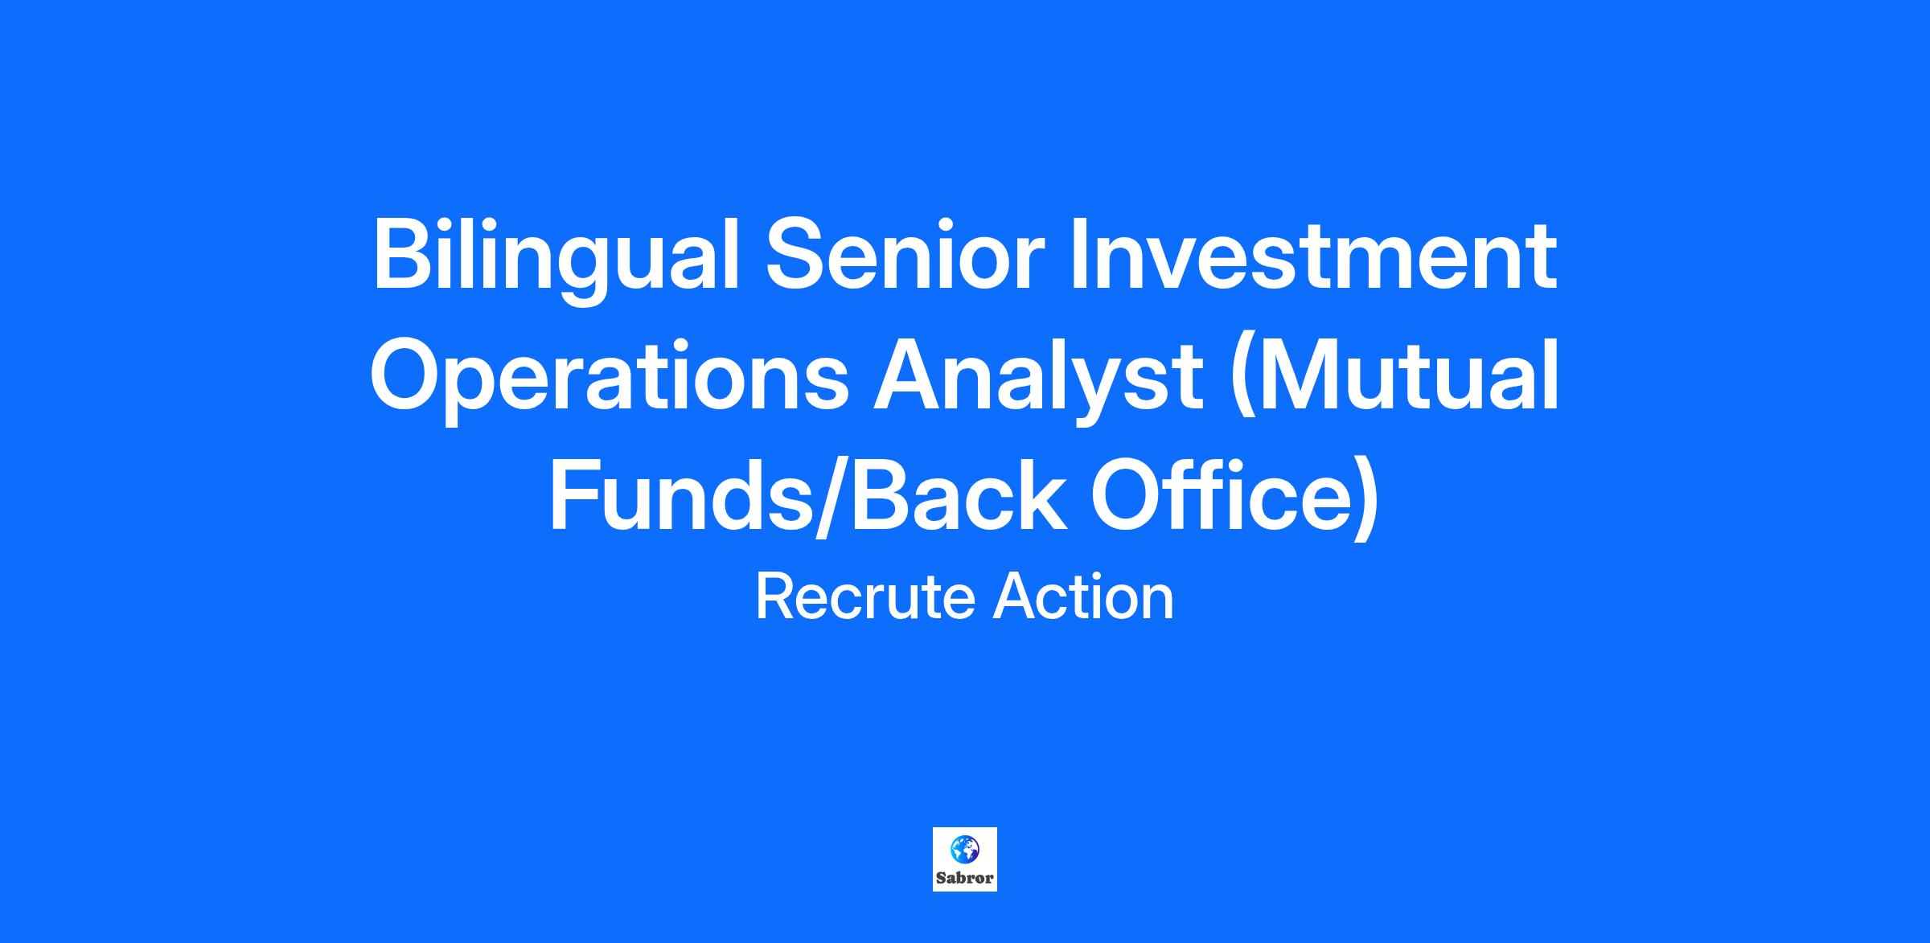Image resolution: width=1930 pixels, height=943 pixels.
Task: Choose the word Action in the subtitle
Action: coord(1083,597)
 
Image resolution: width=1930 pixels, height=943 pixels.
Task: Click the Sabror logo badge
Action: coord(965,859)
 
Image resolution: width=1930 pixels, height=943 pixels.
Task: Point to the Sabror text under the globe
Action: coord(965,878)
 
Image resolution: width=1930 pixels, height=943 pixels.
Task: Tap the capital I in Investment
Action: coord(1078,255)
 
